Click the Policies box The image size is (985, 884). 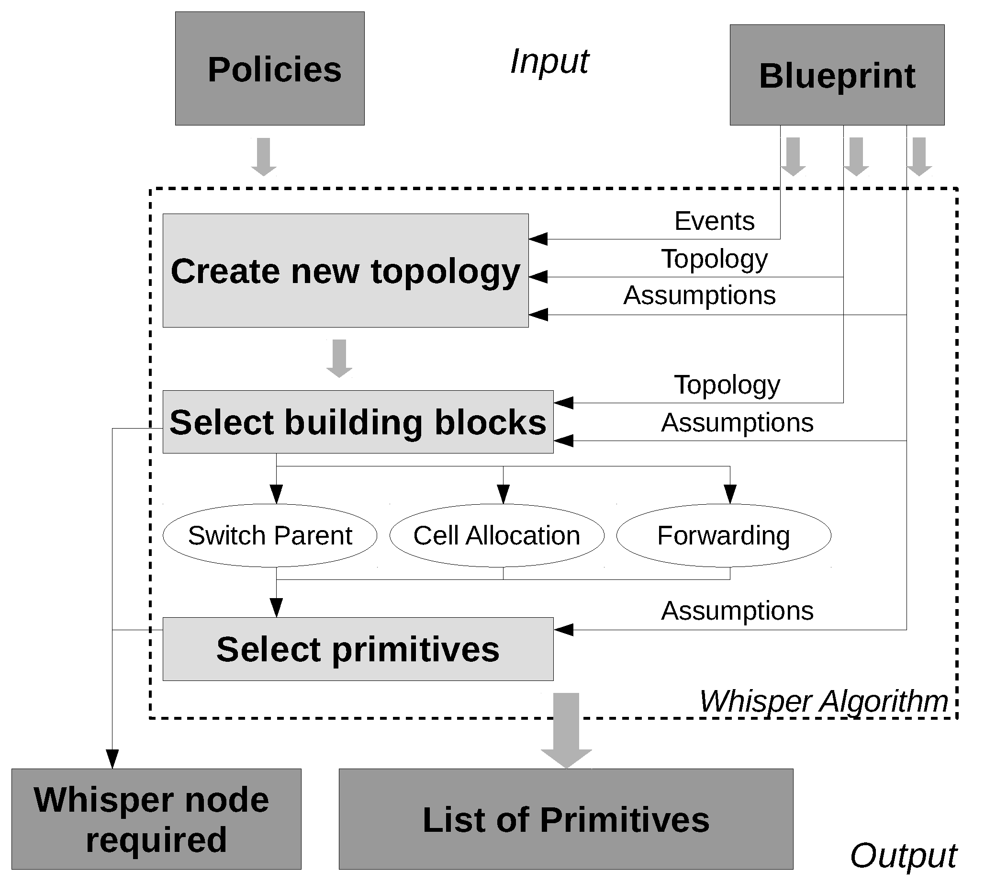(269, 68)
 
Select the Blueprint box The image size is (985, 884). (837, 75)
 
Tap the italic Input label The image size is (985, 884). (549, 62)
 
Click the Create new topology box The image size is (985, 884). (345, 271)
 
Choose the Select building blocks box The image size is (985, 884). (358, 421)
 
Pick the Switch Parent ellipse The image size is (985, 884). (269, 535)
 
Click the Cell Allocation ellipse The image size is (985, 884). (497, 535)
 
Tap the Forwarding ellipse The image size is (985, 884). (723, 535)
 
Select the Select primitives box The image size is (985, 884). (358, 649)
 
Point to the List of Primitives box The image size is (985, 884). (566, 819)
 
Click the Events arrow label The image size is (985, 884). (714, 221)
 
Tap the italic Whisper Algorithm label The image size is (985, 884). (823, 702)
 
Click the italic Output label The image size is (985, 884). (903, 855)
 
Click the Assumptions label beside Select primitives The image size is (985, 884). (737, 611)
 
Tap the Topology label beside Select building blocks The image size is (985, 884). (727, 385)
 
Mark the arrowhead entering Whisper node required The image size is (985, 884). (112, 758)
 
